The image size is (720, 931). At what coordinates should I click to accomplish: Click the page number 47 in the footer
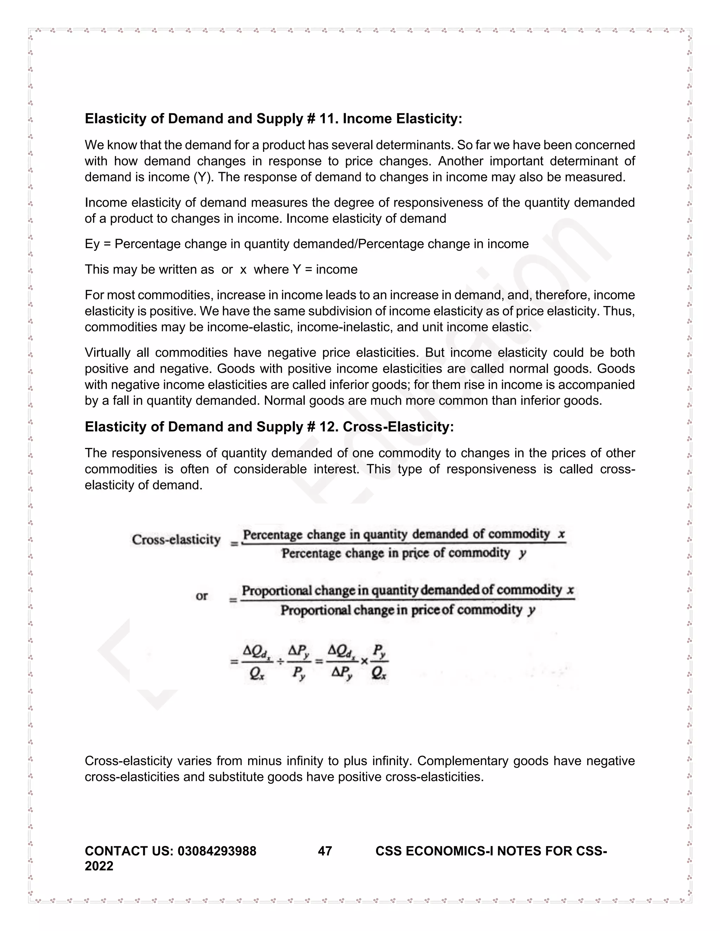(x=325, y=851)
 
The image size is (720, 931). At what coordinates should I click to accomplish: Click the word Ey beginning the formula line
(x=92, y=244)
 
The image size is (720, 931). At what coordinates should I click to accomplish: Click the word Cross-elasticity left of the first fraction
(x=176, y=540)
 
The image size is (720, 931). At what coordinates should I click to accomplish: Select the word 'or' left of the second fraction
(x=202, y=596)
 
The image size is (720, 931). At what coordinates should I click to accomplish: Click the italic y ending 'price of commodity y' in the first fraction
(x=522, y=553)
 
